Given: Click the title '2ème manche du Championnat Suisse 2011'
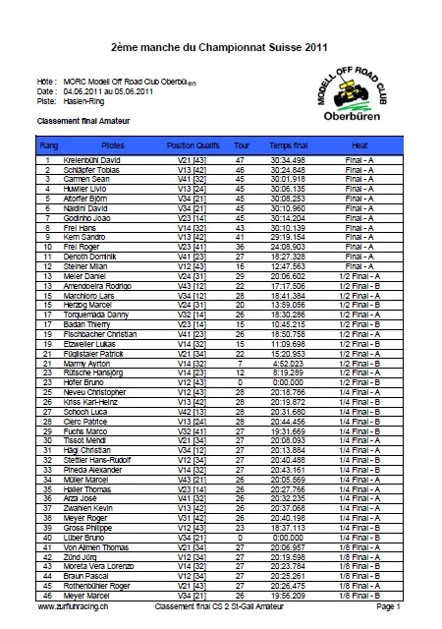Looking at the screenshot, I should tap(211, 46).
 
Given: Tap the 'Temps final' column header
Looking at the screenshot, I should tap(289, 143).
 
